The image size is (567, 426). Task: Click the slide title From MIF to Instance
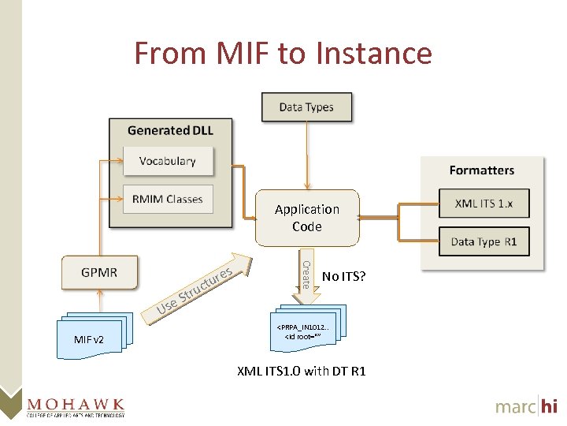coord(283,54)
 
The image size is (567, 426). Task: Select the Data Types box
coord(306,107)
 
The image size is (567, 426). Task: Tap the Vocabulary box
coord(167,161)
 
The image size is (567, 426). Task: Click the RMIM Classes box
coord(167,199)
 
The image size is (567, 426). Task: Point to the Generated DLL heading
coord(170,130)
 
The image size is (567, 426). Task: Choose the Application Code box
coord(306,218)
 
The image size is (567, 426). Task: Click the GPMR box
coord(99,272)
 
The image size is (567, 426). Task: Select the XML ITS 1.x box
coord(484,204)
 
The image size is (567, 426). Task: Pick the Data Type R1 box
coord(484,241)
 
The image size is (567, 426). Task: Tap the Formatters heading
coord(481,170)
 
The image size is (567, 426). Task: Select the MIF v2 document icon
coord(93,337)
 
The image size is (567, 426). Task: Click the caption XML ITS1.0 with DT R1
coord(302,371)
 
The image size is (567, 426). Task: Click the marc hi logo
coord(526,405)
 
